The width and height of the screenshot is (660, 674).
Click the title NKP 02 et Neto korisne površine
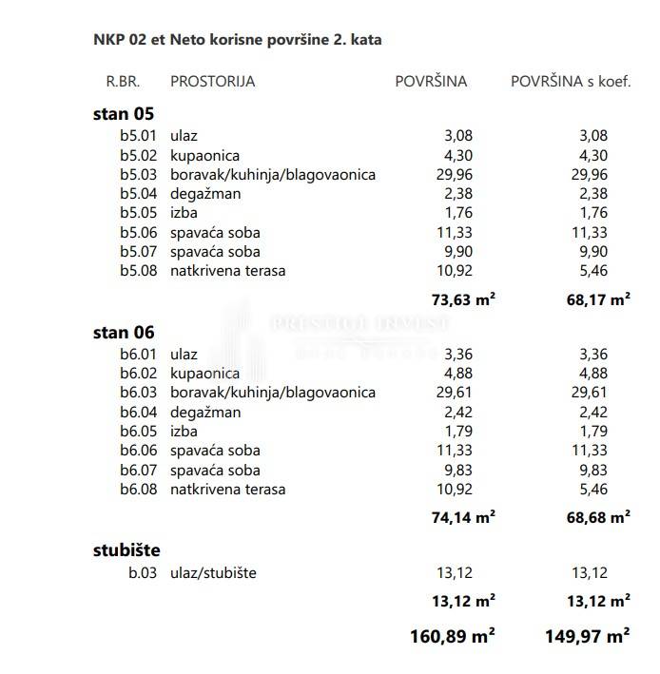click(238, 40)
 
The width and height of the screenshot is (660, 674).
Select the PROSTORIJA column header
click(212, 81)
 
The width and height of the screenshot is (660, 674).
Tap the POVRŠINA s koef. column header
click(571, 81)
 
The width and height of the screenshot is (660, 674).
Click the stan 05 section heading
click(124, 114)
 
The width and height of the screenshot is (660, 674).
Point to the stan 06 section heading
click(124, 333)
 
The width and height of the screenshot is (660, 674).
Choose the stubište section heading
click(126, 550)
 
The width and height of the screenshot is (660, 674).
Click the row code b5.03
click(138, 175)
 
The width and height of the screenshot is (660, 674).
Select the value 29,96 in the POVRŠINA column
click(454, 175)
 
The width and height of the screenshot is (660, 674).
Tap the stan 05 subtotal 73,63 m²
click(463, 299)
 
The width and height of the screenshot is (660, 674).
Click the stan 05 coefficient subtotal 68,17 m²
click(598, 299)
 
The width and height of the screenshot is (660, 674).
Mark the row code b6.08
click(138, 490)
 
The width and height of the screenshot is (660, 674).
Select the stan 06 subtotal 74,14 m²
click(463, 518)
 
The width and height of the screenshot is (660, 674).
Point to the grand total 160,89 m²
click(452, 637)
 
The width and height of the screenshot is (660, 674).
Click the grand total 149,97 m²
click(587, 637)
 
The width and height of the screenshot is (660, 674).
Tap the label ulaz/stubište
click(213, 573)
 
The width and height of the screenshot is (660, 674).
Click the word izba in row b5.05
click(184, 213)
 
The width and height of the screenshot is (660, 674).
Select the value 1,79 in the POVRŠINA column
click(457, 432)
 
